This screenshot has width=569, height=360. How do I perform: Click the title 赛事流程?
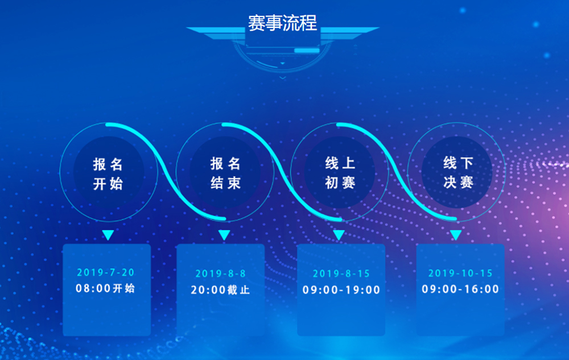(282, 23)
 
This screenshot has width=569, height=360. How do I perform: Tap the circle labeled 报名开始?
(109, 172)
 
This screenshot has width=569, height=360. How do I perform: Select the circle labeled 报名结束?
(225, 172)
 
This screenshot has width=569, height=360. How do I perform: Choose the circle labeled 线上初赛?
(340, 172)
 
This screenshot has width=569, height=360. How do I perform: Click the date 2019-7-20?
(106, 272)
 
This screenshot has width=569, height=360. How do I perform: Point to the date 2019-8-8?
(220, 274)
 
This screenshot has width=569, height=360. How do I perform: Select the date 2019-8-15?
(341, 274)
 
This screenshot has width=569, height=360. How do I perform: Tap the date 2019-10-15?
(460, 273)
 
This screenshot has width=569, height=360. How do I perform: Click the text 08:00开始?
(105, 288)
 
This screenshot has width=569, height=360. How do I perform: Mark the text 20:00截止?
(220, 289)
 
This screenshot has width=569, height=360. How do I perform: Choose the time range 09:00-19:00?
(341, 289)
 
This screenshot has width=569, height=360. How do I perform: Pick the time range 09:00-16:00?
(460, 289)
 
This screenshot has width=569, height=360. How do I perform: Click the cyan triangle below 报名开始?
(108, 234)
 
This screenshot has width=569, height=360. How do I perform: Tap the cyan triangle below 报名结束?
(224, 234)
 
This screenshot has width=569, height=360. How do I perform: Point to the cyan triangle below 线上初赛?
(339, 234)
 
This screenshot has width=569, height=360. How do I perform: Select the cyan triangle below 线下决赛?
(456, 234)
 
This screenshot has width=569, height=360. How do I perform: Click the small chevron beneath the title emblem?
(283, 77)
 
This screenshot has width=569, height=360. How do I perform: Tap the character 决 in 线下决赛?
(450, 183)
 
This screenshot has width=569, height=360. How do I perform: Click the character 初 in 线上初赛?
(332, 183)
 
